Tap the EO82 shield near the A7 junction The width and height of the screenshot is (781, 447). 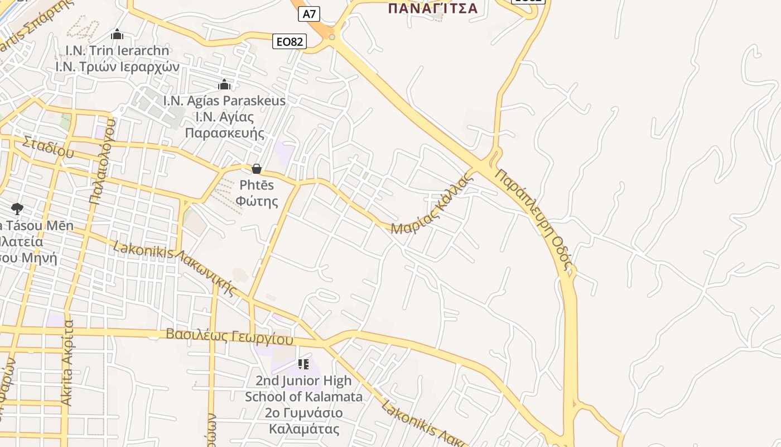[x=290, y=41]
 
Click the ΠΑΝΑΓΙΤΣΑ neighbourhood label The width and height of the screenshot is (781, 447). [x=432, y=8]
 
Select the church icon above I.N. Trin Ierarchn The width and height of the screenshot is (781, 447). [x=117, y=35]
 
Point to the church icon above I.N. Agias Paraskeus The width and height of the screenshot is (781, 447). [x=224, y=85]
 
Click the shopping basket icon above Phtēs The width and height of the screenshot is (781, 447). [x=257, y=169]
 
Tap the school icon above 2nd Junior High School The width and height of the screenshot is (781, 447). [x=303, y=365]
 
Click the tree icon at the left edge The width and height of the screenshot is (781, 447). [x=17, y=209]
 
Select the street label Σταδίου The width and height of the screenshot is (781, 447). [x=48, y=146]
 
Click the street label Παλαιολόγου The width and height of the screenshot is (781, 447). [x=102, y=162]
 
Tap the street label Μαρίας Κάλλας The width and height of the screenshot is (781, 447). [x=432, y=205]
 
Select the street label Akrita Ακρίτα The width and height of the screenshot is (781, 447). [x=68, y=363]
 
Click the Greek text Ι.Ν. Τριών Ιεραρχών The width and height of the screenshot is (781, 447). [x=117, y=67]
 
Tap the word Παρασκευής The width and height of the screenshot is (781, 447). [x=224, y=133]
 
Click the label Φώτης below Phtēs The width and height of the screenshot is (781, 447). [x=257, y=201]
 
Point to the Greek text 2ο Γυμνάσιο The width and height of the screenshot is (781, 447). [x=304, y=413]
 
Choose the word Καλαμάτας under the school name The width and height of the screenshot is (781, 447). [x=304, y=429]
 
